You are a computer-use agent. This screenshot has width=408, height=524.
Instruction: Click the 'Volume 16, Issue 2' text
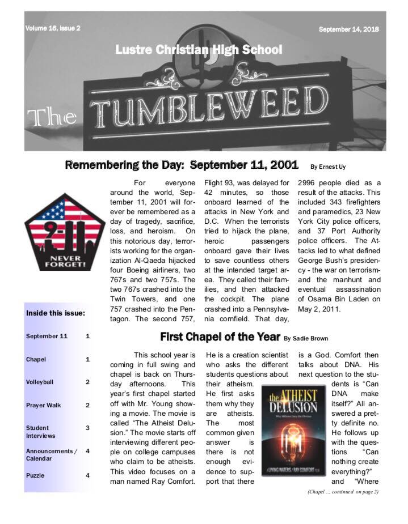pyautogui.click(x=53, y=28)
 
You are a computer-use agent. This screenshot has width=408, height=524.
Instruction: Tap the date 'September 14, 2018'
pyautogui.click(x=348, y=29)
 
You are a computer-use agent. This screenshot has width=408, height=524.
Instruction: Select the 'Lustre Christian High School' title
pyautogui.click(x=199, y=50)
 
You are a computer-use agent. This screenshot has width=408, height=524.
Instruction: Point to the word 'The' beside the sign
pyautogui.click(x=52, y=117)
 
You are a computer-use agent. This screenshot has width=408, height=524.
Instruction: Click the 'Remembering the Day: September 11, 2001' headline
pyautogui.click(x=182, y=165)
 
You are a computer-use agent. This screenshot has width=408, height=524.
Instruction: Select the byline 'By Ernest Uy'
pyautogui.click(x=329, y=167)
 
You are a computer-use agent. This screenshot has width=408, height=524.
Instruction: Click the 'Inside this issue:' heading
pyautogui.click(x=56, y=313)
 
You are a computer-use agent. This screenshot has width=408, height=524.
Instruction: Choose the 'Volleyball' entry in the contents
pyautogui.click(x=40, y=382)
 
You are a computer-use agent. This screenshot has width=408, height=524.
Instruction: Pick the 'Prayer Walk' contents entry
pyautogui.click(x=43, y=405)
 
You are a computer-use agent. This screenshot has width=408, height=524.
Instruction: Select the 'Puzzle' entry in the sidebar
pyautogui.click(x=35, y=475)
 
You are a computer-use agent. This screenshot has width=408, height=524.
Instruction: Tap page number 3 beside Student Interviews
pyautogui.click(x=87, y=428)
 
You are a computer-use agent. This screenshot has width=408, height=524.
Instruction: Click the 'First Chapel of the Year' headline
pyautogui.click(x=220, y=337)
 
